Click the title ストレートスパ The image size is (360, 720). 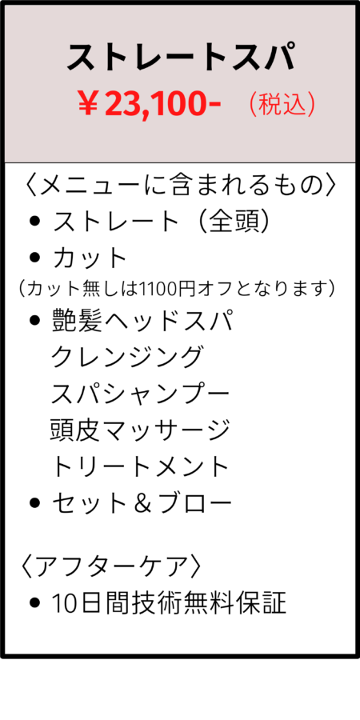(180, 57)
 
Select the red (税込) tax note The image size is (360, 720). (282, 105)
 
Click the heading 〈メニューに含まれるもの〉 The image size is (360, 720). (180, 186)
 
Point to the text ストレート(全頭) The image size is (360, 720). (160, 222)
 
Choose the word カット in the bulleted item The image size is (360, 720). (89, 258)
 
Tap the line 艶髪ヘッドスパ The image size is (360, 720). (143, 321)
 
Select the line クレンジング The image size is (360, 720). (126, 357)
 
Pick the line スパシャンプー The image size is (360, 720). (139, 394)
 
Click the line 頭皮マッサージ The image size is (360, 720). (139, 430)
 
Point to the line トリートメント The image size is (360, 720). (139, 467)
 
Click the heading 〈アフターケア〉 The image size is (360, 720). (110, 567)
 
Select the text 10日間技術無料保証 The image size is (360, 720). (169, 603)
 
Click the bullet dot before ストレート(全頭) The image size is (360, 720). (34, 222)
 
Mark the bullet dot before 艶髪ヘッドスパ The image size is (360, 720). (34, 322)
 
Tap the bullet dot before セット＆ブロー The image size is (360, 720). (34, 504)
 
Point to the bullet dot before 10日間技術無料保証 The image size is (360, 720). (34, 603)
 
